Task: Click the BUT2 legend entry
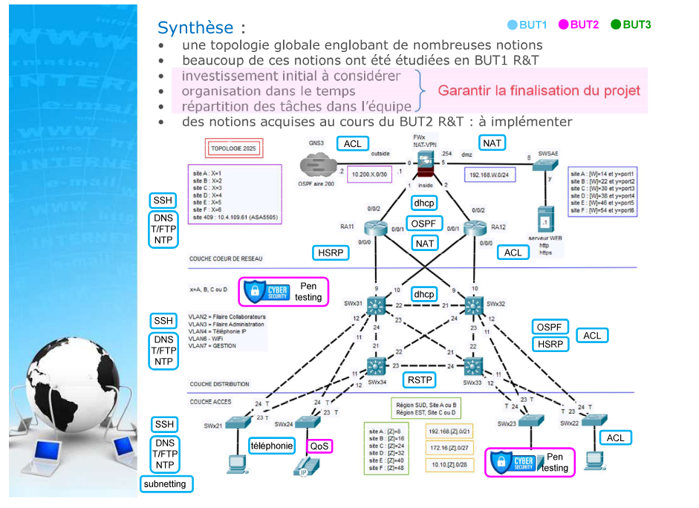579,25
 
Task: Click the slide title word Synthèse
195,28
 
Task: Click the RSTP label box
420,380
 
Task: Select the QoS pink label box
319,446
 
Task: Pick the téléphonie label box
272,446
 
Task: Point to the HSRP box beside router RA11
330,253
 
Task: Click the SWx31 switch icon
377,305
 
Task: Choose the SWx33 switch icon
473,365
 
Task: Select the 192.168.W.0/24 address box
490,175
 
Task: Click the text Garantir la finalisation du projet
539,91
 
